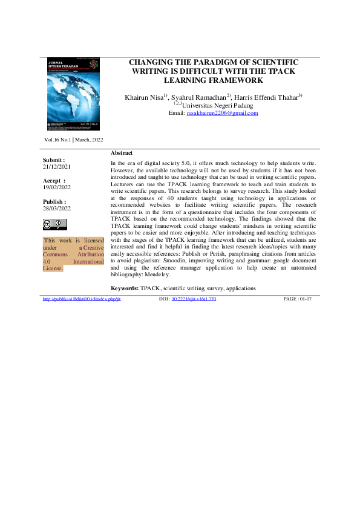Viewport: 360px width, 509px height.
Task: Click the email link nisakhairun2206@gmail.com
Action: coord(222,113)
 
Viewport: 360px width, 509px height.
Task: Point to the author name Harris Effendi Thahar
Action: coord(267,97)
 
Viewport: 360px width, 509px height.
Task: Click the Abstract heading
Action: coord(122,153)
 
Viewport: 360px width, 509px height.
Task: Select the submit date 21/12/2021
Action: coord(56,166)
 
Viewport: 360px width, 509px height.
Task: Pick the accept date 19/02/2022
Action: coord(56,187)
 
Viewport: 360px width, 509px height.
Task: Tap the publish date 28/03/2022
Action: coord(56,208)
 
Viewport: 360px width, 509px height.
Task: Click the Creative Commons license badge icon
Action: coord(54,224)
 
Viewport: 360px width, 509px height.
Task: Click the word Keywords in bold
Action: coord(124,289)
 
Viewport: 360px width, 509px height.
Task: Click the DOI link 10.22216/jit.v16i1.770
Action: coord(194,299)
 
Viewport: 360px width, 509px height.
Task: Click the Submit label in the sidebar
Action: coord(53,159)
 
